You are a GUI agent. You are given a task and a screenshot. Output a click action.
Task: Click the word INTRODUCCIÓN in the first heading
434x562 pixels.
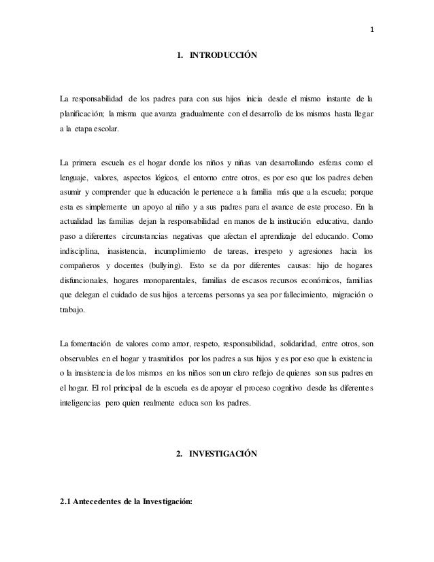tap(223, 54)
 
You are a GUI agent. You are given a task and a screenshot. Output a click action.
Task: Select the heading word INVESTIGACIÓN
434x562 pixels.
tap(223, 453)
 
